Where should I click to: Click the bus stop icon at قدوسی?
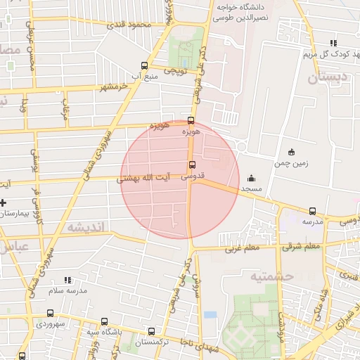(191, 166)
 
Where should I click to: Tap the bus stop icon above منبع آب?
(145, 64)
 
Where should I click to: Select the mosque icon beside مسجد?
(251, 178)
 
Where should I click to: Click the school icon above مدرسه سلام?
(67, 279)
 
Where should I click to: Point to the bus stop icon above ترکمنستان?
(151, 330)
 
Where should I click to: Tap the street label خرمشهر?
(117, 86)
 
